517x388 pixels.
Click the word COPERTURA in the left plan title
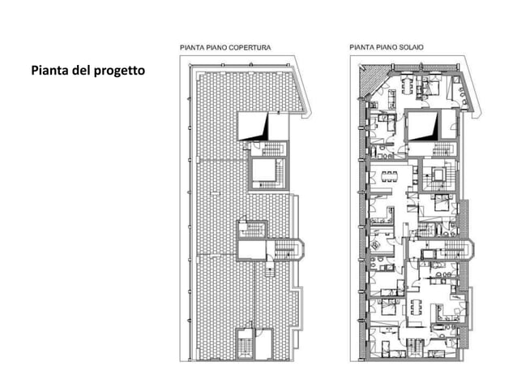click(x=249, y=48)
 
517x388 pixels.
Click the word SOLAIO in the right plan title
click(x=413, y=48)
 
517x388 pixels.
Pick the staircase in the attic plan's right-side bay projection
click(x=455, y=248)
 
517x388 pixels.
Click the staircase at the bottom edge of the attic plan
click(x=412, y=347)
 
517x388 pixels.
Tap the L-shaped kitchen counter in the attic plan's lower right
click(x=445, y=309)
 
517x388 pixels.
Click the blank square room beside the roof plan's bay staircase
click(x=254, y=250)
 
